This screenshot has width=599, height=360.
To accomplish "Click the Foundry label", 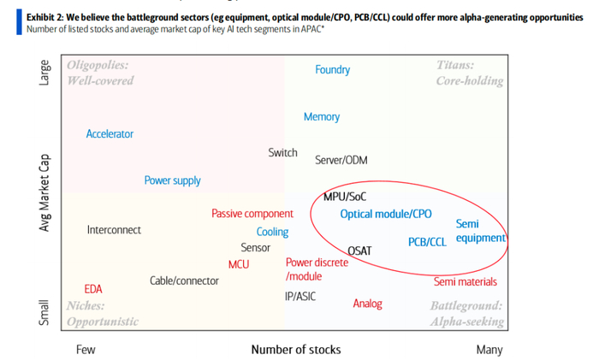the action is [332, 70].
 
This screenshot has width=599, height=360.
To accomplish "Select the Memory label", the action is [322, 117].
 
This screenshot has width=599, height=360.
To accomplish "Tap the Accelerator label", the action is [110, 134].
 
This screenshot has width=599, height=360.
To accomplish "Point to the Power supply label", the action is [172, 180].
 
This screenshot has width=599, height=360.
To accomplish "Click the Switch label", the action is [282, 153].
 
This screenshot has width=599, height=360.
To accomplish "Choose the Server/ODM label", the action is [341, 160].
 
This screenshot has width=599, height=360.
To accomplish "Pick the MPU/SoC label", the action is [345, 197].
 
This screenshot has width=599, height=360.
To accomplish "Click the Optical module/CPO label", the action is [386, 214].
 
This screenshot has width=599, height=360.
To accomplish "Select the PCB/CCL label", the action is [427, 242].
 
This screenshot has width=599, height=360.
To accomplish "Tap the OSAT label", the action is [359, 251].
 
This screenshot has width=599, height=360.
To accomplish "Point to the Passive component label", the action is [252, 214].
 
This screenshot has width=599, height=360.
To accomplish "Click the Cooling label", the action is [272, 232].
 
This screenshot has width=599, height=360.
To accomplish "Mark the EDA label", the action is [93, 289].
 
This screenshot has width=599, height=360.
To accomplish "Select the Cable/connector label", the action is [184, 281].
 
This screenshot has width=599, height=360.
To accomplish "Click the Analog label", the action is [367, 304].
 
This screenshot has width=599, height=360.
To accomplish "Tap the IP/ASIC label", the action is [300, 296].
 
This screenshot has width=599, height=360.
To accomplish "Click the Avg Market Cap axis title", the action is [44, 192].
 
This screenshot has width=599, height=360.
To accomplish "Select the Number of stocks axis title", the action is [296, 349].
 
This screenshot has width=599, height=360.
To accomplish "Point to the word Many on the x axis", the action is [489, 350].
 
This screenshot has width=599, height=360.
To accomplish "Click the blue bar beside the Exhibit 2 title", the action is [19, 22].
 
